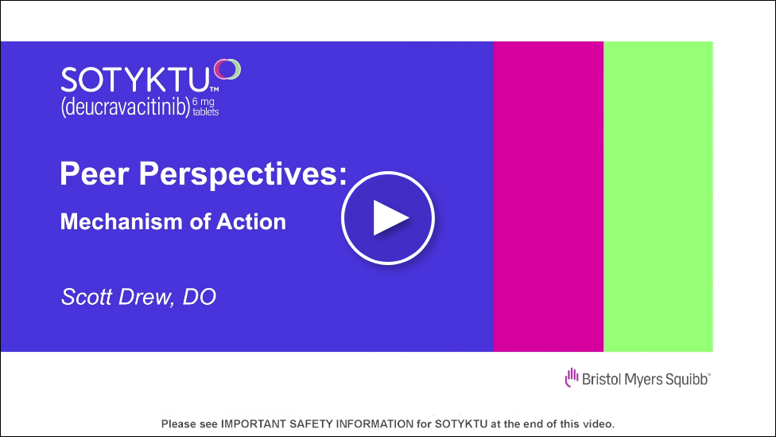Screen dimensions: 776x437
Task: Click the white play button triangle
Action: (389, 218)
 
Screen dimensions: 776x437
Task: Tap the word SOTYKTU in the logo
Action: (135, 80)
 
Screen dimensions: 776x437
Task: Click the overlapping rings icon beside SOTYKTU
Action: (227, 69)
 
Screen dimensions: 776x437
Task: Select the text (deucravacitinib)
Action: (126, 107)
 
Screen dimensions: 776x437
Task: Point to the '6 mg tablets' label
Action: (205, 107)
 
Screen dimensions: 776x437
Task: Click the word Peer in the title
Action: (95, 174)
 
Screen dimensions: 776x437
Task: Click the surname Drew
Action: (145, 297)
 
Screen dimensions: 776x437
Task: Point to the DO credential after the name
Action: (200, 297)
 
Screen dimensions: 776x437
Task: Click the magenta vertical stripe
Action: (549, 197)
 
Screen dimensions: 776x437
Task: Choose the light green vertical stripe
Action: (658, 197)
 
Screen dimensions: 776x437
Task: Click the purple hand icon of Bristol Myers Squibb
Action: (572, 377)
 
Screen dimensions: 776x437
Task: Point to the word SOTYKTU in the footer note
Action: (461, 424)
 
